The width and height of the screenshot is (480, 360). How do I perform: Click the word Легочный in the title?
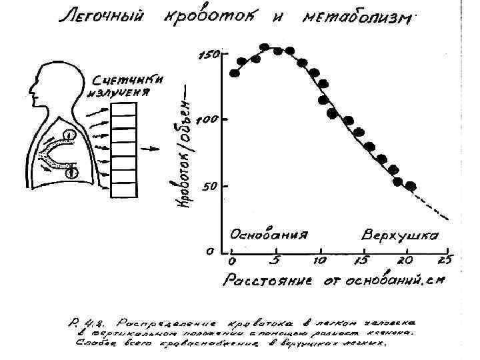pos(100,19)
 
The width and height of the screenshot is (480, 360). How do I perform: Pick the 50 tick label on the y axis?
pos(210,187)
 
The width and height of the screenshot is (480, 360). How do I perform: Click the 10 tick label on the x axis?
pos(320,260)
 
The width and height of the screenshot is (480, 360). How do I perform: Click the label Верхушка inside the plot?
pos(399,236)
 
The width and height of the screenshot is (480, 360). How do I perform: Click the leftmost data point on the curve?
pos(235,73)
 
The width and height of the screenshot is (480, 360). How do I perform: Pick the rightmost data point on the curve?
pos(411,186)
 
